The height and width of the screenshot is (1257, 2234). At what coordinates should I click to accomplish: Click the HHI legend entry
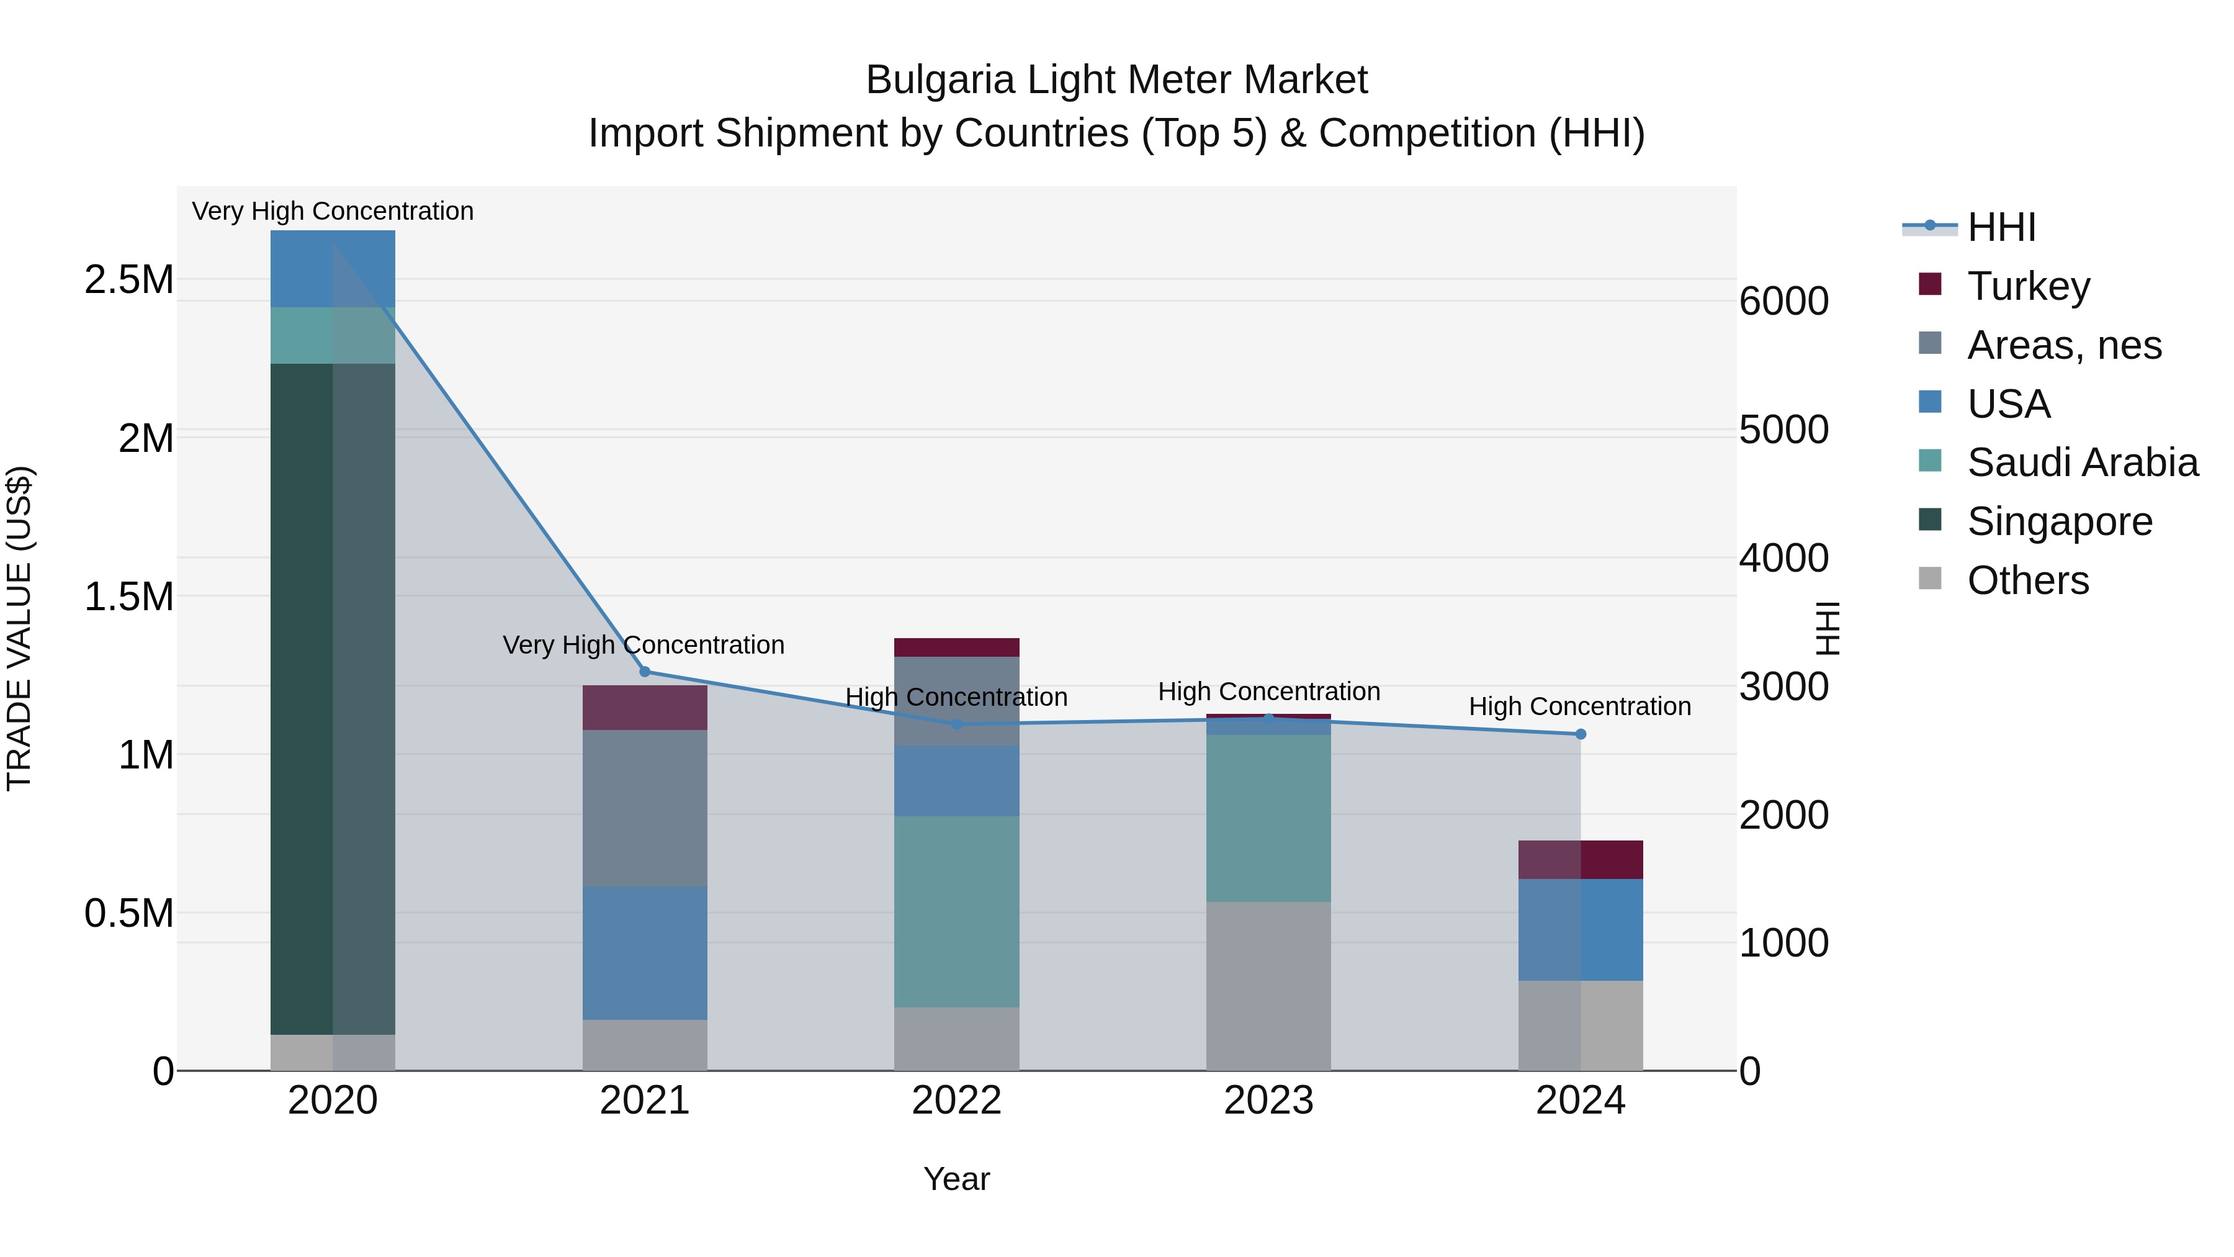[2001, 227]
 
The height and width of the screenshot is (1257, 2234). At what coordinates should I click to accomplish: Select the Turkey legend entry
[2027, 286]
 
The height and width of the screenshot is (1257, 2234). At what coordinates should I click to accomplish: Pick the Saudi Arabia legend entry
[2082, 462]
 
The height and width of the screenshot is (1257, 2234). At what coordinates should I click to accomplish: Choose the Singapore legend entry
[2059, 521]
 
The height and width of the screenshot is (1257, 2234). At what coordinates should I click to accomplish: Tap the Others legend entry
[2027, 580]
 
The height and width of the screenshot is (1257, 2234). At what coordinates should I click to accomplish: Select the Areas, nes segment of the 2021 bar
[644, 808]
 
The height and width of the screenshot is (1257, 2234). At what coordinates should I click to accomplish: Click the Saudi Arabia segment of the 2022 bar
[956, 911]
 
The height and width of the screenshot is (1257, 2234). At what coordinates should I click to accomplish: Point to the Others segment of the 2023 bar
[1268, 986]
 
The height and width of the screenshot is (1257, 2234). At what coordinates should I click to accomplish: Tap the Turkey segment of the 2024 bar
[1580, 860]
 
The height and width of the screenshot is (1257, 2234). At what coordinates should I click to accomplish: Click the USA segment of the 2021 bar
[644, 952]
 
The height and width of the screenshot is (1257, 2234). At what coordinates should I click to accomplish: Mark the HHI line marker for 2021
[644, 672]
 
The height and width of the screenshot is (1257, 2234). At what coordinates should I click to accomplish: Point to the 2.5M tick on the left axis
[128, 280]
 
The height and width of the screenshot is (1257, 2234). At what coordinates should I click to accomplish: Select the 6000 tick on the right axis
[1784, 302]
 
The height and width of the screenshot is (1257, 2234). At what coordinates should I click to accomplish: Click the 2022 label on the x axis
[956, 1101]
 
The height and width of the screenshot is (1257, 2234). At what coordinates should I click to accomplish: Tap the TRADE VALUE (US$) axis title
[19, 628]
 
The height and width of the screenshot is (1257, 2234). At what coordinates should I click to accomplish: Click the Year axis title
[956, 1179]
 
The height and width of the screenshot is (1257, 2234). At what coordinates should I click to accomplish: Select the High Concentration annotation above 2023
[1268, 692]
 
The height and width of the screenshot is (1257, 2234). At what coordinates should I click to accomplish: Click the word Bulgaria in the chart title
[940, 81]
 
